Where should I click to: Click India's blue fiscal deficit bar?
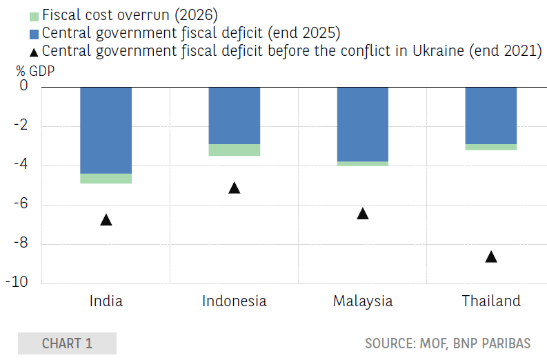[x=106, y=130]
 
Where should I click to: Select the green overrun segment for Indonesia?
[x=235, y=150]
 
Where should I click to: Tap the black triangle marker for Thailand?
[x=491, y=257]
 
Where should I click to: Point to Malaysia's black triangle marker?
[x=363, y=214]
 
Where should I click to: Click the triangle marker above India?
[x=106, y=220]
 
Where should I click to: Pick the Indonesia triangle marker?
[x=235, y=188]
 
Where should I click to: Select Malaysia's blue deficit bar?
[x=363, y=125]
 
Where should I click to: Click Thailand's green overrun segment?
[x=491, y=147]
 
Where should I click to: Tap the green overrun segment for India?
[x=106, y=179]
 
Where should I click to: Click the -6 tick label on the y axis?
[x=21, y=203]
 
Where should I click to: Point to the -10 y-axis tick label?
[x=17, y=282]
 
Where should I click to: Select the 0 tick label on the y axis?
[x=23, y=85]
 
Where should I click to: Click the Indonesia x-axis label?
[x=235, y=301]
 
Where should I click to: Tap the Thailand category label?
[x=491, y=301]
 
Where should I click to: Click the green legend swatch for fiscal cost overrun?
[x=34, y=17]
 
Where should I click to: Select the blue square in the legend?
[x=34, y=34]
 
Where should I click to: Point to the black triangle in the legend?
[x=34, y=52]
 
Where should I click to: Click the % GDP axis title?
[x=35, y=71]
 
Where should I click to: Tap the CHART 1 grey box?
[x=68, y=343]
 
